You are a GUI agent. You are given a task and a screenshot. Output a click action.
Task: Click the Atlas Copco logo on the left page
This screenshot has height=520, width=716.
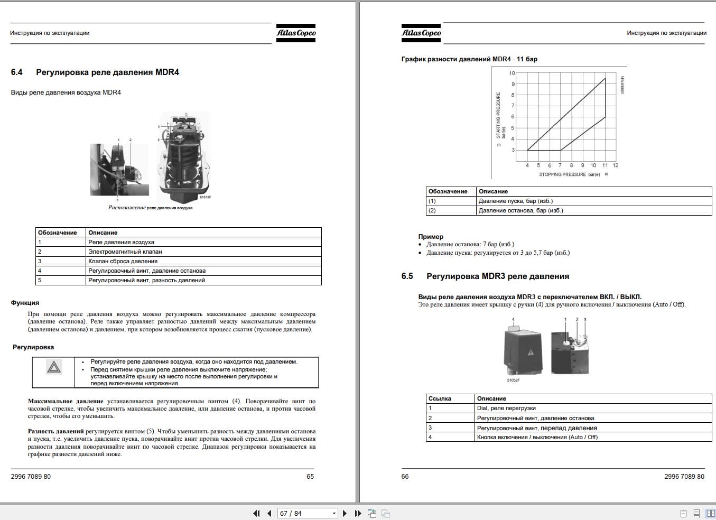coord(296,33)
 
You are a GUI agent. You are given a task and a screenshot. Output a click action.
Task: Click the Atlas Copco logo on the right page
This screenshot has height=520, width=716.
coord(421,33)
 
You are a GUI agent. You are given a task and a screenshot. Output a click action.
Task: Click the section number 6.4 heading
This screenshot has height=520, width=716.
coord(16,72)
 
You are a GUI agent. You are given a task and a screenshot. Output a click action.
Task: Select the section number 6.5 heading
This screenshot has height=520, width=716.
coord(407,276)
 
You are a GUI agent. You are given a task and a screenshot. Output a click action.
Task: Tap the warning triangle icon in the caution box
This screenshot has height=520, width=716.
coord(54,367)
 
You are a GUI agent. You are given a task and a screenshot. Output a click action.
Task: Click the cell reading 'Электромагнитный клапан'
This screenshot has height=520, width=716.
coord(125,252)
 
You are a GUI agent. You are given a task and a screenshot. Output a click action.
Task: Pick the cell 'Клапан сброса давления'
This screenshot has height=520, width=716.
coord(123,262)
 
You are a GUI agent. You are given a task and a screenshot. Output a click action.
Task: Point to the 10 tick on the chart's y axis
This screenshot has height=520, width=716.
coord(512,73)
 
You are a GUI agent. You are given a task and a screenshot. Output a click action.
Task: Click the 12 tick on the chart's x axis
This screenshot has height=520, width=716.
coord(616,165)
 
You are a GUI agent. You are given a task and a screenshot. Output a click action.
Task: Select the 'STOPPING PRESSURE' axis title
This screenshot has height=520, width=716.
coord(562,174)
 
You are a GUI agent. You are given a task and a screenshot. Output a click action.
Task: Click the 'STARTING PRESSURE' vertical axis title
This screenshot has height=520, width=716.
coord(498,115)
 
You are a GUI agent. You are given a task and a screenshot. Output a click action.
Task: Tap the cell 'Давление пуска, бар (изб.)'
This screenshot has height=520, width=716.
coord(516,201)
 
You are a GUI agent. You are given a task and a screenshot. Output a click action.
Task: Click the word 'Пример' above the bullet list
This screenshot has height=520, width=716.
coord(431,237)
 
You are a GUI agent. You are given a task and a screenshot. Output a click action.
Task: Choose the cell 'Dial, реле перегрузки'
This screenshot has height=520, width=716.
coord(506,408)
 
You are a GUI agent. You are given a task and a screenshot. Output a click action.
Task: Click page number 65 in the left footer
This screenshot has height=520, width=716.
coord(310,477)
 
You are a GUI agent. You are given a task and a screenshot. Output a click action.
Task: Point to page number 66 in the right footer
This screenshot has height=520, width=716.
coord(405,477)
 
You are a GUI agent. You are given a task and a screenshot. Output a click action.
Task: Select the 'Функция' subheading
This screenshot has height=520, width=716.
coord(25,303)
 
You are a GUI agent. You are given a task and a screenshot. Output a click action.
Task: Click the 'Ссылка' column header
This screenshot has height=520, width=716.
coord(440,399)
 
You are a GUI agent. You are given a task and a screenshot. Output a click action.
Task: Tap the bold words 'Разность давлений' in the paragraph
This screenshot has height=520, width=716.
coord(55,431)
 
